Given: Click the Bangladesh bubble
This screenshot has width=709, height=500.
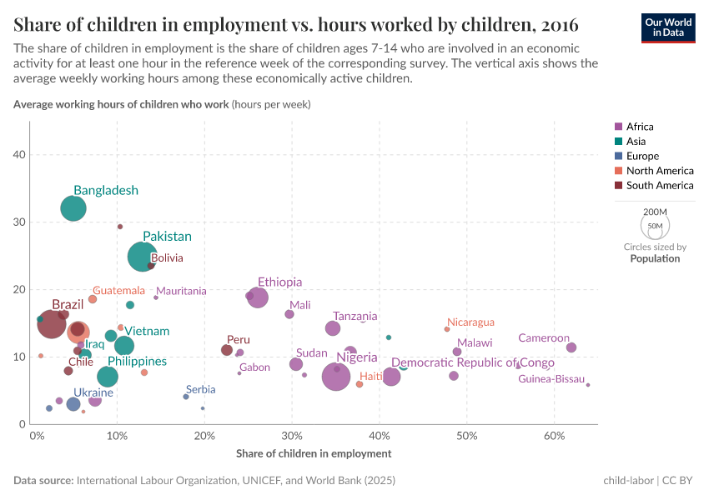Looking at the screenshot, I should pos(73,208).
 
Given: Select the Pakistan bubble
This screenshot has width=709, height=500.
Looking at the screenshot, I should pos(143,257).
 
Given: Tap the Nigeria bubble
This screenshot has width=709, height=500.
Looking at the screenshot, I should pos(336,377).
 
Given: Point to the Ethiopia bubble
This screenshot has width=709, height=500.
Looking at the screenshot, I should pos(258,297).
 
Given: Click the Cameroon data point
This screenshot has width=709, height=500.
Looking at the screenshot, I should pos(571,347).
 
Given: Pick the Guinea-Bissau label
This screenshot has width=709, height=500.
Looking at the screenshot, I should pos(551,379).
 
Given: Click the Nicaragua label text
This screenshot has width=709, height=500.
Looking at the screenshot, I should pos(470,322).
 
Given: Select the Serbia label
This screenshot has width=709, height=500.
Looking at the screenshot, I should pos(200,389).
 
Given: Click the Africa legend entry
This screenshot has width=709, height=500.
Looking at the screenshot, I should pos(640,127).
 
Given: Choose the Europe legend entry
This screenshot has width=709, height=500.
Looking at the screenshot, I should pos(642,156).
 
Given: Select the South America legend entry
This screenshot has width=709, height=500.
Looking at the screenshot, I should pos(660,185).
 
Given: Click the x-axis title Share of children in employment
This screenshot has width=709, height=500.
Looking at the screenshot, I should pos(314,453).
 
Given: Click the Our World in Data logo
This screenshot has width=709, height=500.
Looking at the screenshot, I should pos(667,27).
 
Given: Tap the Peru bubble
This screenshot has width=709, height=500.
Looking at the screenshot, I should pos(227,350).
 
